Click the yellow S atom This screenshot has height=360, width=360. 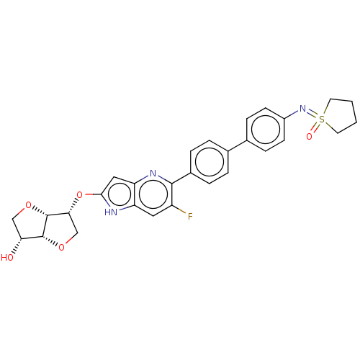pyautogui.click(x=321, y=119)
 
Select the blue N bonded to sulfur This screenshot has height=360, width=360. pyautogui.click(x=303, y=109)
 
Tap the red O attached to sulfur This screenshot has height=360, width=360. pyautogui.click(x=309, y=136)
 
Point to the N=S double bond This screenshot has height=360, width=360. pyautogui.click(x=312, y=114)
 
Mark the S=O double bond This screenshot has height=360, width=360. pyautogui.click(x=315, y=127)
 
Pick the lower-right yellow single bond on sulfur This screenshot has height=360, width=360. pyautogui.click(x=328, y=124)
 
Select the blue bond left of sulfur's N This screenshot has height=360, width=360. pyautogui.click(x=294, y=112)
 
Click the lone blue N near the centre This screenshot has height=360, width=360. pyautogui.click(x=153, y=174)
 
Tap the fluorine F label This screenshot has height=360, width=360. pyautogui.click(x=190, y=216)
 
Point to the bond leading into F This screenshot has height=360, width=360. pyautogui.click(x=182, y=212)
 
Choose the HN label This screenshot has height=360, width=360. pyautogui.click(x=111, y=212)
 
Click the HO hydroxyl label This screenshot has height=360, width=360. pyautogui.click(x=7, y=258)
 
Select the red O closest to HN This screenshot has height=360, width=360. pyautogui.click(x=80, y=195)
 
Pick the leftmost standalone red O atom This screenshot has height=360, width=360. pyautogui.click(x=28, y=205)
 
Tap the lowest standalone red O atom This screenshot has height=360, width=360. pyautogui.click(x=61, y=248)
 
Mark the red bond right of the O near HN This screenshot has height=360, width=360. pyautogui.click(x=89, y=194)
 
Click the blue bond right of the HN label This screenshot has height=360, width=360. pyautogui.click(x=123, y=208)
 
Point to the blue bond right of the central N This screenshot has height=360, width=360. pyautogui.click(x=161, y=177)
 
